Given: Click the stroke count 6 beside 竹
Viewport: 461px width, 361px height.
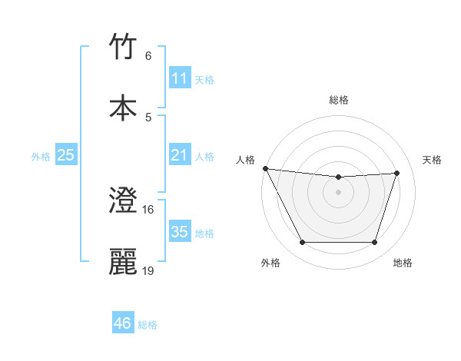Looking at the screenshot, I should pyautogui.click(x=148, y=55).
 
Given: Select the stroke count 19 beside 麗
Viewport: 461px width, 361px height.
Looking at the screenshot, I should pyautogui.click(x=148, y=270).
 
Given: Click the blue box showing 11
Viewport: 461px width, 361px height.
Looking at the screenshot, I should pyautogui.click(x=179, y=78).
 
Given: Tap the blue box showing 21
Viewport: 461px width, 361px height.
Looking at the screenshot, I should pyautogui.click(x=179, y=155).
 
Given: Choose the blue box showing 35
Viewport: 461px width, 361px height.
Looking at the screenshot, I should pyautogui.click(x=179, y=232).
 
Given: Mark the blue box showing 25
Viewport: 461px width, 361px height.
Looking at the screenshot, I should pyautogui.click(x=65, y=155).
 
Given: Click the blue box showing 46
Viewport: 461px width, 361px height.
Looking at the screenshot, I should pyautogui.click(x=122, y=323).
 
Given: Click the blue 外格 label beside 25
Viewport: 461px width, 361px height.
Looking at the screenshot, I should pyautogui.click(x=41, y=157).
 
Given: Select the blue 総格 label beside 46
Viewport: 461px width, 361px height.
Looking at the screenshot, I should pyautogui.click(x=148, y=325).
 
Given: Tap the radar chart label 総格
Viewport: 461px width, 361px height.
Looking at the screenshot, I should pyautogui.click(x=339, y=100).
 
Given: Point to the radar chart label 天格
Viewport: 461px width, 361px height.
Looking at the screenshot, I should pyautogui.click(x=433, y=160).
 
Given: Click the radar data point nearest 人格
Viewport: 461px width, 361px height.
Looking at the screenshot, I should pyautogui.click(x=265, y=168).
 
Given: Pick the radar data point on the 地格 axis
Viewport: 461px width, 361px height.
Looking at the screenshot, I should pyautogui.click(x=375, y=243).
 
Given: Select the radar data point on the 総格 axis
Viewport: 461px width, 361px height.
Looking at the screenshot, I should pyautogui.click(x=339, y=177).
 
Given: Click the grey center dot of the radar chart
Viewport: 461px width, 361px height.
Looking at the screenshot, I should pyautogui.click(x=339, y=192).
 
